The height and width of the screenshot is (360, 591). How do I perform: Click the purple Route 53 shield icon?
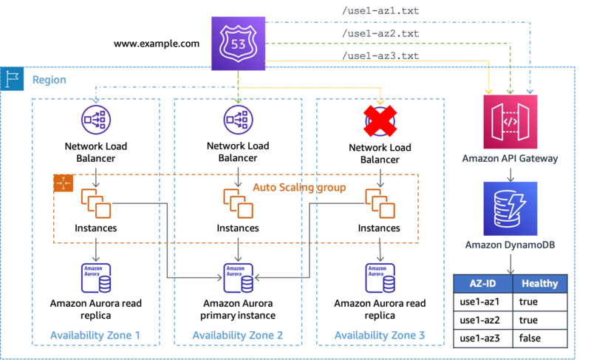pyautogui.click(x=239, y=45)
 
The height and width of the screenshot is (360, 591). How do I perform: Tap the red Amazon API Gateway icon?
pyautogui.click(x=510, y=120)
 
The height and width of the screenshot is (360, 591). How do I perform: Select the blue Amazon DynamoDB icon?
pyautogui.click(x=510, y=208)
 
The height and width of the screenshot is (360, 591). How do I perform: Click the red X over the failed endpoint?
pyautogui.click(x=380, y=120)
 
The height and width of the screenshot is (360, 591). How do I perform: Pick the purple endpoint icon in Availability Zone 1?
pyautogui.click(x=95, y=120)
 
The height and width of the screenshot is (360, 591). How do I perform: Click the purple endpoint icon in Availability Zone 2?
pyautogui.click(x=237, y=120)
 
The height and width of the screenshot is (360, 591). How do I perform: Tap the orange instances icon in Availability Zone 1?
pyautogui.click(x=97, y=203)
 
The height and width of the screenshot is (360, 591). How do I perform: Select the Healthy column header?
pyautogui.click(x=539, y=284)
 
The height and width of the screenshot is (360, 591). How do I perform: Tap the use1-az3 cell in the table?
pyautogui.click(x=481, y=339)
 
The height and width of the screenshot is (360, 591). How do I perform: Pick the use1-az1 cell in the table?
pyautogui.click(x=481, y=302)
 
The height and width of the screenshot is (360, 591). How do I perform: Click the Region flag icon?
pyautogui.click(x=12, y=78)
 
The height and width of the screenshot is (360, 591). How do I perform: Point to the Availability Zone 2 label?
pyautogui.click(x=238, y=335)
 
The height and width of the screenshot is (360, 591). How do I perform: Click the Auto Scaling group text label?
pyautogui.click(x=299, y=188)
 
